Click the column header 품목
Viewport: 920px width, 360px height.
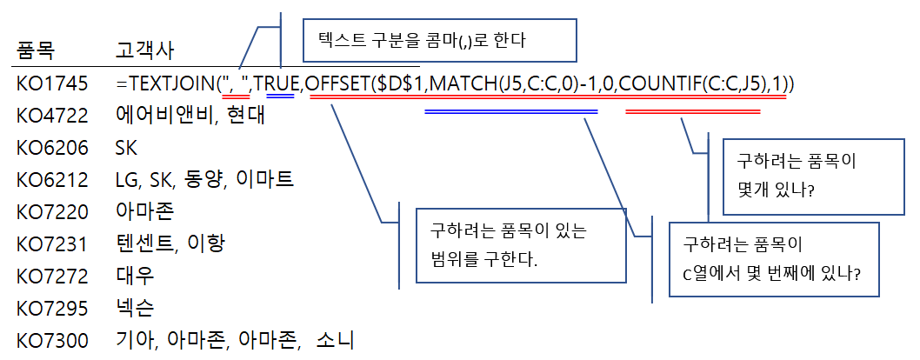36,51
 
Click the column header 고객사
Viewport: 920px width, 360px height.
144,51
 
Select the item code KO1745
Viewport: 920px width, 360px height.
52,84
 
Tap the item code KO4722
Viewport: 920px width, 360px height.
52,116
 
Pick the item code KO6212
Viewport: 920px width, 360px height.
52,180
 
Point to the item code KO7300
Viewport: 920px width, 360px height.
52,340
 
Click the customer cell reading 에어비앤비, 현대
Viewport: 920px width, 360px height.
189,116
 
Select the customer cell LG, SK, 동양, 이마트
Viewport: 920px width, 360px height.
203,180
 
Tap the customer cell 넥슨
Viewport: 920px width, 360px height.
135,308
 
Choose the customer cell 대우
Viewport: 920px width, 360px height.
135,276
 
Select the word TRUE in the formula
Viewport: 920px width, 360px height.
277,84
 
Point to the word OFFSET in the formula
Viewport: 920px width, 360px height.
337,84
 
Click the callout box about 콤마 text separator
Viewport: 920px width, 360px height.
439,41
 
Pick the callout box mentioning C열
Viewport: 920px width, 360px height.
774,258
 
